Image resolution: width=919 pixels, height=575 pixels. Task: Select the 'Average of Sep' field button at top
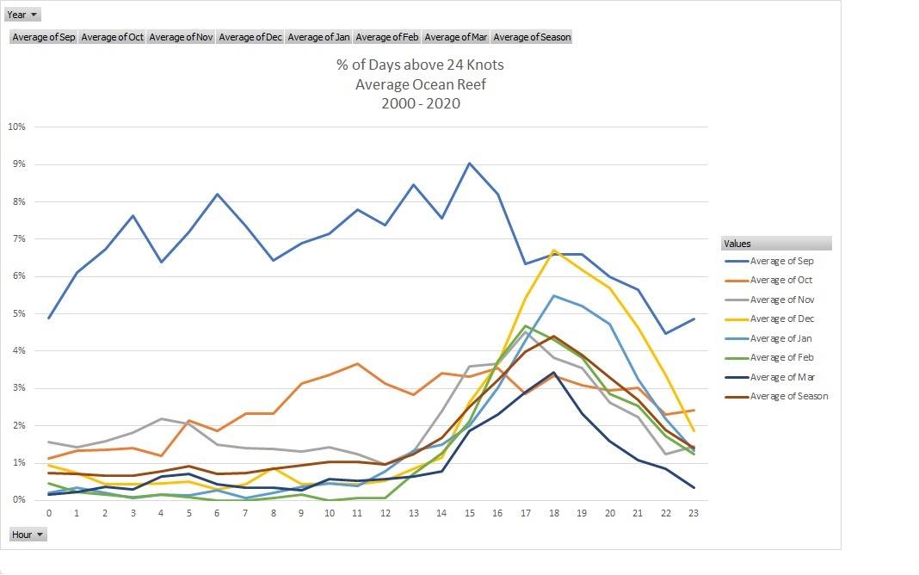44,37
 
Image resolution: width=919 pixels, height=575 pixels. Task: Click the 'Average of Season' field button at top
532,37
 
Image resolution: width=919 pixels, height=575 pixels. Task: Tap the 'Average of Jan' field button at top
318,37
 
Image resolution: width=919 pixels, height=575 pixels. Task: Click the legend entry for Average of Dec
781,319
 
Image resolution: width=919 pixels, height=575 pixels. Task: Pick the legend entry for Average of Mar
781,377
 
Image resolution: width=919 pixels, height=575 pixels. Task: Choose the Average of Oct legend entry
781,281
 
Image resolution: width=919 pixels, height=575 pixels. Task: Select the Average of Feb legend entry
781,358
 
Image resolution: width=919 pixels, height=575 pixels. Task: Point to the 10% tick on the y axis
16,127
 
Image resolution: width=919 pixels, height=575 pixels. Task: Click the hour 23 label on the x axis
693,513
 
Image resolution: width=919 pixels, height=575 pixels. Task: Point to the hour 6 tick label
216,513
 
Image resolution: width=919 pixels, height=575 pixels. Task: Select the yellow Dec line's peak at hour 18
553,250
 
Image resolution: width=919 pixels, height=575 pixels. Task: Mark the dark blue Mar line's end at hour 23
693,487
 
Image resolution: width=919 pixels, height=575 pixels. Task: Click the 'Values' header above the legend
738,244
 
